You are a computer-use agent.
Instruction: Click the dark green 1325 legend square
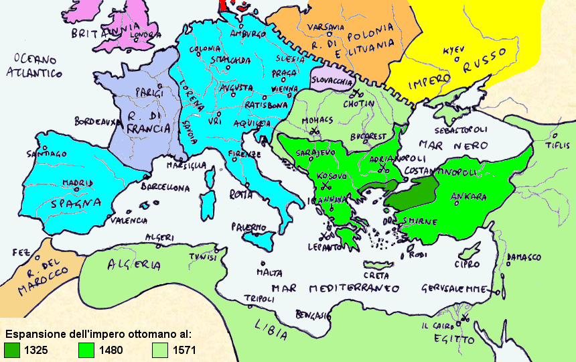click(x=12, y=349)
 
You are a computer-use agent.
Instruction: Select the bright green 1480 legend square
click(x=87, y=349)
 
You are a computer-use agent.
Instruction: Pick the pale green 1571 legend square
click(x=160, y=349)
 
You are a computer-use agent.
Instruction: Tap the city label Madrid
click(x=78, y=182)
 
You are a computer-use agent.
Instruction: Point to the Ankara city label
click(x=468, y=196)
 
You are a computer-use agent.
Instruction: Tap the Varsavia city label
click(x=325, y=27)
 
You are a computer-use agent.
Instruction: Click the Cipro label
click(x=467, y=263)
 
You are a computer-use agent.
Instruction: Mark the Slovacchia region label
click(x=335, y=81)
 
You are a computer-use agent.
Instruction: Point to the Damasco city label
click(x=523, y=257)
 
